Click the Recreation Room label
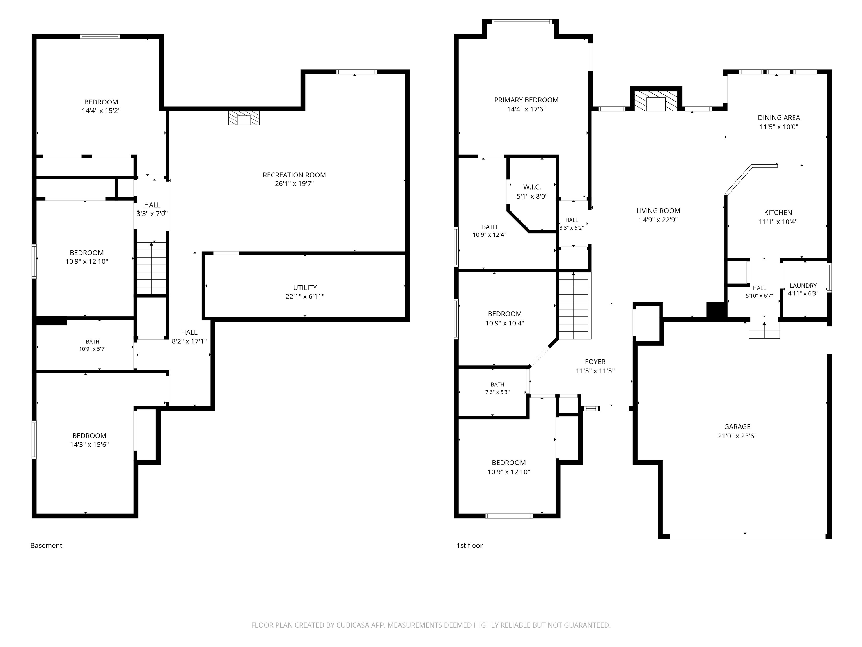point(294,175)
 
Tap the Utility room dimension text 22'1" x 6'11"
point(305,296)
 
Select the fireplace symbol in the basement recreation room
point(244,118)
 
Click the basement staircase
point(151,268)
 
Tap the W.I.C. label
point(532,187)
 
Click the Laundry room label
point(803,286)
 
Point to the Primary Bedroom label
point(526,100)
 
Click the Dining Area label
point(779,117)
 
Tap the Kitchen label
point(778,213)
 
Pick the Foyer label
point(595,362)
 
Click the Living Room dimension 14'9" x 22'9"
point(658,220)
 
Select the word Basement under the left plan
point(46,546)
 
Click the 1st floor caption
point(469,546)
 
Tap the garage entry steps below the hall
point(764,330)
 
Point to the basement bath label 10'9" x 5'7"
point(93,349)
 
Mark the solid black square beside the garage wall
point(716,312)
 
